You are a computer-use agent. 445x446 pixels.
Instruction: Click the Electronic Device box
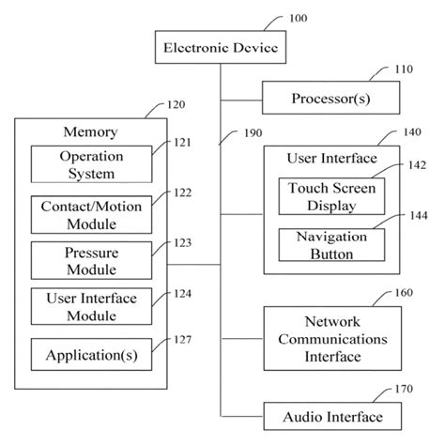[x=221, y=47]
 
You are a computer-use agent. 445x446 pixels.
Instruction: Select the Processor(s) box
[x=330, y=98]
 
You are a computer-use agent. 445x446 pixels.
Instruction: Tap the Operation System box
[x=92, y=164]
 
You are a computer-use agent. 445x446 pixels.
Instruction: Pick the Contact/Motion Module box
[x=92, y=215]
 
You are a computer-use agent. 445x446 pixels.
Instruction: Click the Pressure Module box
[x=92, y=260]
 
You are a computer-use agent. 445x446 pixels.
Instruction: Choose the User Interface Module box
[x=92, y=306]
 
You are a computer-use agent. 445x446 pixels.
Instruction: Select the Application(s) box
[x=92, y=355]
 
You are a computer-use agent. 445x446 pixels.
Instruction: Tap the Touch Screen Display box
[x=331, y=196]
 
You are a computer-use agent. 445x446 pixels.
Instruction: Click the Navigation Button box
[x=331, y=245]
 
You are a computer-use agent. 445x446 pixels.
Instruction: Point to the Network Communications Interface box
[x=332, y=338]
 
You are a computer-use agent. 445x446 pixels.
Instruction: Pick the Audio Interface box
[x=332, y=416]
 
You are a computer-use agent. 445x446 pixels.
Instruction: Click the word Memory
[x=90, y=131]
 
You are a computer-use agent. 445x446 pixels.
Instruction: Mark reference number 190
[x=253, y=133]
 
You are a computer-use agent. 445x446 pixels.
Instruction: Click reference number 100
[x=298, y=18]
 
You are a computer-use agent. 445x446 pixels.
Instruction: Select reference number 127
[x=182, y=340]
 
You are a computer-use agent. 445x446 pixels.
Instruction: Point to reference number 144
[x=419, y=215]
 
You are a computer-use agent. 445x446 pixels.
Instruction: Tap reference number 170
[x=404, y=389]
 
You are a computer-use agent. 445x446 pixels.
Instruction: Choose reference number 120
[x=176, y=104]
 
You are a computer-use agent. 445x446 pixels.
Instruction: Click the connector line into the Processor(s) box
[x=241, y=100]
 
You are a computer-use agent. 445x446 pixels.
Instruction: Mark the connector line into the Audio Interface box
[x=242, y=416]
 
